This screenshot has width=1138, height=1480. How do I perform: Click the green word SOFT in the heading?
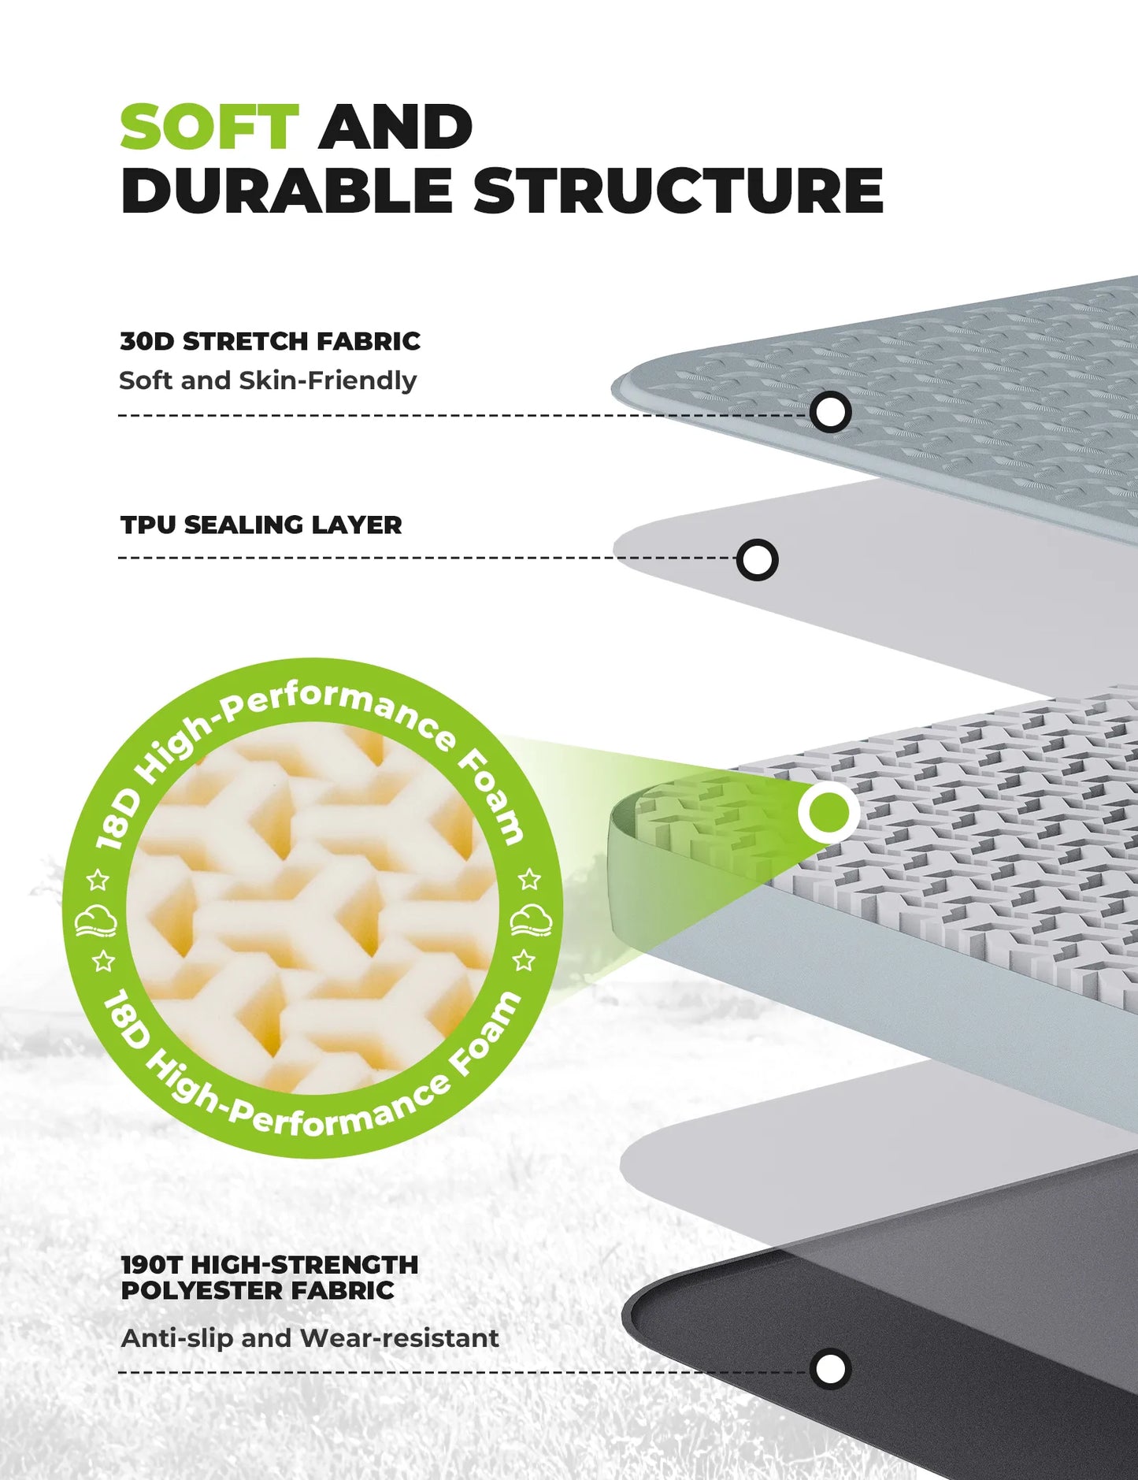[x=209, y=127]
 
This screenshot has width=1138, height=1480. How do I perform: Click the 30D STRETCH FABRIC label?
[x=270, y=341]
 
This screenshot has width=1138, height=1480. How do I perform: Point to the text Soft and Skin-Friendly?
[x=268, y=380]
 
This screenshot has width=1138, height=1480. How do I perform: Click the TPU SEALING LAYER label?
[x=261, y=525]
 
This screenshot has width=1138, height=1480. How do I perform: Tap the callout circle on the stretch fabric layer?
[x=830, y=412]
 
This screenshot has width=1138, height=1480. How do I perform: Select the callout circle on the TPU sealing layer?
[x=758, y=560]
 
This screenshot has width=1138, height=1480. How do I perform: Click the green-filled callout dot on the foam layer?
[x=828, y=811]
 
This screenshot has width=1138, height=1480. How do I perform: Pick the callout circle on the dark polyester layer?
[x=830, y=1369]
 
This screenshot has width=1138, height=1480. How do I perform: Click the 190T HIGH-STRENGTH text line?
[x=269, y=1264]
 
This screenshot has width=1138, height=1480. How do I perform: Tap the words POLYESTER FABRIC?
[x=258, y=1290]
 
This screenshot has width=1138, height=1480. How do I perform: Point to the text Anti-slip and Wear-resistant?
[x=310, y=1337]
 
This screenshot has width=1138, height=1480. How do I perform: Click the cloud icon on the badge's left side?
[x=96, y=920]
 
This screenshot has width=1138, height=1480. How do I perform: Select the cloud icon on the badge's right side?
[x=531, y=919]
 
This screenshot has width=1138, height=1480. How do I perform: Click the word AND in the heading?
[x=395, y=127]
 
